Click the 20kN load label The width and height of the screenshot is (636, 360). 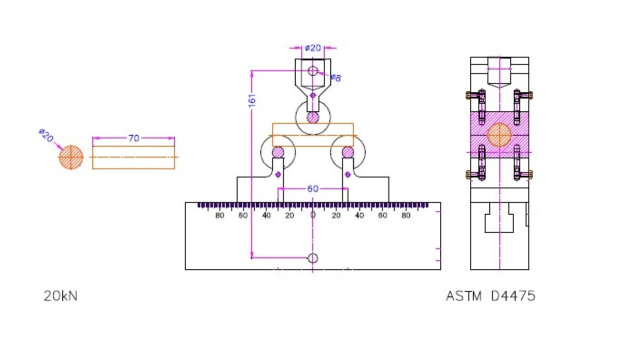pyautogui.click(x=60, y=296)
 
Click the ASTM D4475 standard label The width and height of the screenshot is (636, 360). pyautogui.click(x=490, y=296)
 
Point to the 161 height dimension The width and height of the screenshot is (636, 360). pyautogui.click(x=252, y=100)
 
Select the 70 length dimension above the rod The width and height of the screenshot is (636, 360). pyautogui.click(x=134, y=138)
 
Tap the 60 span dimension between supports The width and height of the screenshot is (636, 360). pyautogui.click(x=313, y=189)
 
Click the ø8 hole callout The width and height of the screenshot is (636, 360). pyautogui.click(x=336, y=78)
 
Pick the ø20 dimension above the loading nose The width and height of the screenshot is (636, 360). pyautogui.click(x=313, y=48)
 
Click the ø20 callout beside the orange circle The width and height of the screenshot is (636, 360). pyautogui.click(x=46, y=135)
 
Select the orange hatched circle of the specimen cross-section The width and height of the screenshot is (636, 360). pyautogui.click(x=71, y=157)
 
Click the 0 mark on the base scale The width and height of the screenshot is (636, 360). pyautogui.click(x=313, y=215)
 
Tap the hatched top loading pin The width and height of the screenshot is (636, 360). pyautogui.click(x=313, y=118)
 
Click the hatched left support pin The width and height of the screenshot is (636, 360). pyautogui.click(x=278, y=152)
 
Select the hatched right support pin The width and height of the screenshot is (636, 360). pyautogui.click(x=348, y=152)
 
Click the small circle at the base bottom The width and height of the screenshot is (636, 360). pyautogui.click(x=313, y=258)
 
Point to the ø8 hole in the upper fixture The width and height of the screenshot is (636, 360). pyautogui.click(x=313, y=71)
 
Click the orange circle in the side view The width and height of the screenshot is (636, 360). pyautogui.click(x=499, y=135)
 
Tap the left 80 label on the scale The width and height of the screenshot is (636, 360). pyautogui.click(x=220, y=215)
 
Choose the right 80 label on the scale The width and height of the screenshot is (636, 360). pyautogui.click(x=406, y=215)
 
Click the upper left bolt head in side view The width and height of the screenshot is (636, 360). pyautogui.click(x=469, y=95)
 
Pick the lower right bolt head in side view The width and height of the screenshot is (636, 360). pyautogui.click(x=530, y=173)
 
